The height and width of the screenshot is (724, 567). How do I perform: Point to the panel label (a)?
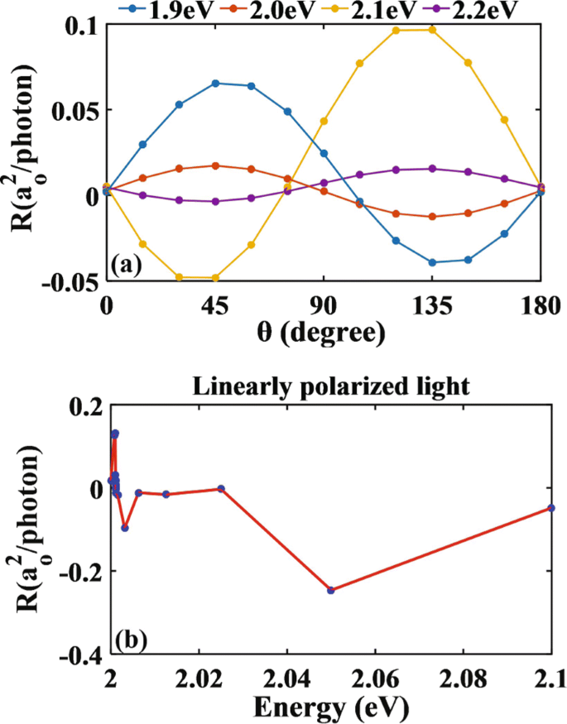(127, 265)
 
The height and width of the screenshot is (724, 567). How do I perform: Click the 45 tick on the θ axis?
(215, 304)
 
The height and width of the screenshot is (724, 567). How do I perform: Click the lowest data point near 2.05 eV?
(330, 590)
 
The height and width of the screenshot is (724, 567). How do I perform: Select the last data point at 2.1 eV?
(550, 508)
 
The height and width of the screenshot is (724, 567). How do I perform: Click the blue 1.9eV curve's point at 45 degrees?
(215, 83)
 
